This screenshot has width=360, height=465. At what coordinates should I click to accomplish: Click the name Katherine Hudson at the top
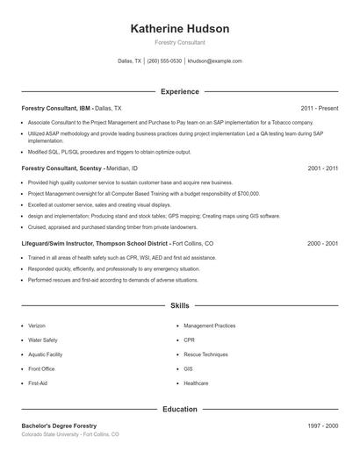[x=179, y=29]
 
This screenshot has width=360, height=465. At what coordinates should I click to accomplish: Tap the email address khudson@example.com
[x=214, y=61]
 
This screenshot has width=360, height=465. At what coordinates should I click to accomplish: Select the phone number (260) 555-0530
[x=164, y=61]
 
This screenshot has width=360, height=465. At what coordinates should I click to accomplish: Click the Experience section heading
[x=179, y=91]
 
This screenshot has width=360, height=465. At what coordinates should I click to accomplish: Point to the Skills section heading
[x=179, y=305]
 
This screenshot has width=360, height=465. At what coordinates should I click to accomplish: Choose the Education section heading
[x=179, y=409]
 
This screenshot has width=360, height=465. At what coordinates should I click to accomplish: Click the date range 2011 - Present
[x=319, y=108]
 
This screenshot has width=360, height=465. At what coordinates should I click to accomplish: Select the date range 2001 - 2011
[x=321, y=168]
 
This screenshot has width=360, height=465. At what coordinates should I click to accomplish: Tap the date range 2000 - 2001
[x=321, y=243]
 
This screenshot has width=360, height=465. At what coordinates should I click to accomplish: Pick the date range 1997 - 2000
[x=321, y=426]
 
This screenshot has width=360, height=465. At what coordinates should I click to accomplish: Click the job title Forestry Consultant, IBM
[x=56, y=108]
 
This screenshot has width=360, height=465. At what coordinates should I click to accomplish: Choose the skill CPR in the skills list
[x=188, y=340]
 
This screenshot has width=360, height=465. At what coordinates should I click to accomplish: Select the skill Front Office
[x=41, y=368]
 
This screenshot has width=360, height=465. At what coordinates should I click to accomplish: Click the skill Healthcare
[x=196, y=383]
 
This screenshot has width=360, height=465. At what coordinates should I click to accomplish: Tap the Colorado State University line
[x=70, y=434]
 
